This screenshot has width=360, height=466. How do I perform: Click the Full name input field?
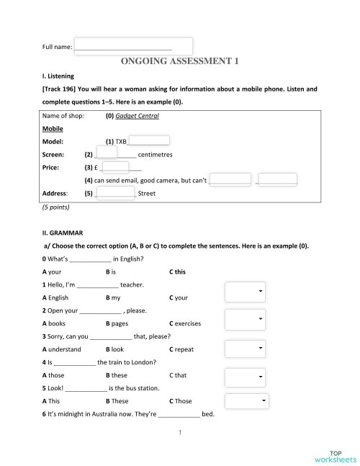pyautogui.click(x=133, y=46)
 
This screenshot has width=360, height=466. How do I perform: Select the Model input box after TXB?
pyautogui.click(x=149, y=141)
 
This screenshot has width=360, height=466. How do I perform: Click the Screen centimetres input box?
pyautogui.click(x=106, y=153)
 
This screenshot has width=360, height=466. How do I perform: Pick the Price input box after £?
pyautogui.click(x=115, y=167)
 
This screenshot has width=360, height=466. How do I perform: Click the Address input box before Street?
pyautogui.click(x=115, y=192)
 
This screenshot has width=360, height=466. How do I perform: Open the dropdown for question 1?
pyautogui.click(x=244, y=291)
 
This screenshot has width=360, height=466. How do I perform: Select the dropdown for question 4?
pyautogui.click(x=244, y=377)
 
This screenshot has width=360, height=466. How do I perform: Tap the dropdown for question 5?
pyautogui.click(x=247, y=401)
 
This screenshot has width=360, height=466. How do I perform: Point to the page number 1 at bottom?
pyautogui.click(x=179, y=433)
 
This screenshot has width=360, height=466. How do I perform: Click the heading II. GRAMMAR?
pyautogui.click(x=63, y=233)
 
